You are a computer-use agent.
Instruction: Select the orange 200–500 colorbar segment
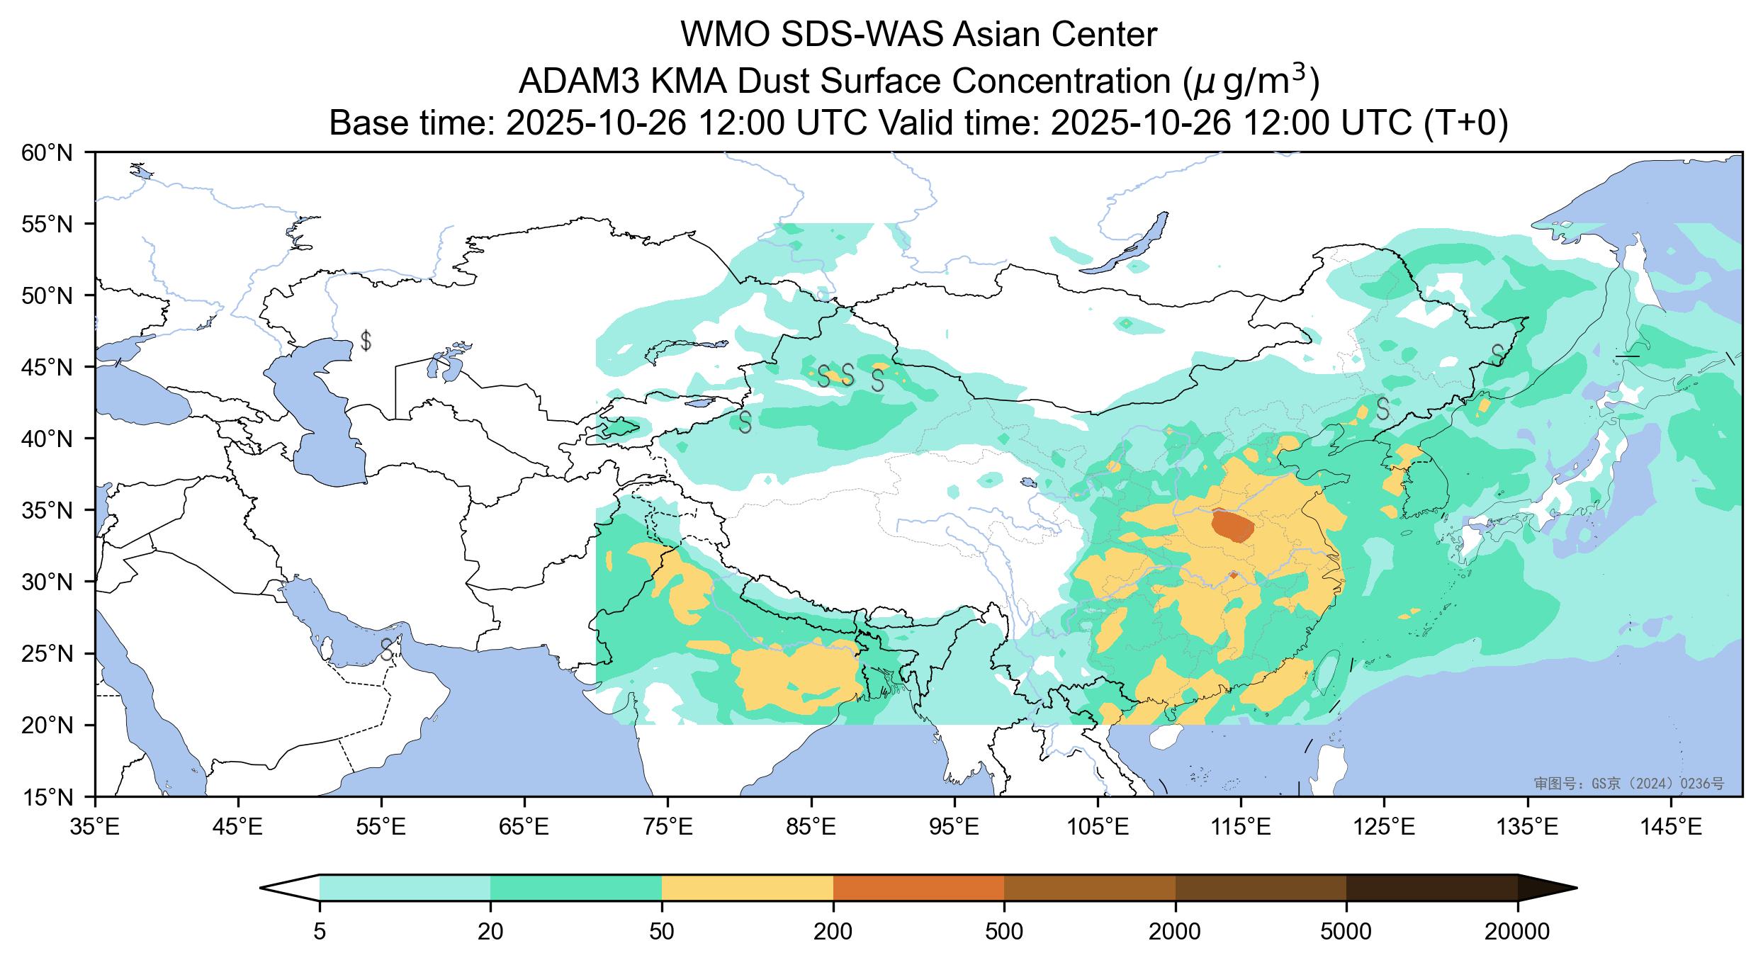click(918, 888)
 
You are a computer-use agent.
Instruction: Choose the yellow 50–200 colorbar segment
click(747, 888)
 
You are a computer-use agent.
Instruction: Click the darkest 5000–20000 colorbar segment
click(1431, 888)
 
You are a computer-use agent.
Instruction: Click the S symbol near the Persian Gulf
click(387, 648)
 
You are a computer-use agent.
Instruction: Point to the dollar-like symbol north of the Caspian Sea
click(366, 341)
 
